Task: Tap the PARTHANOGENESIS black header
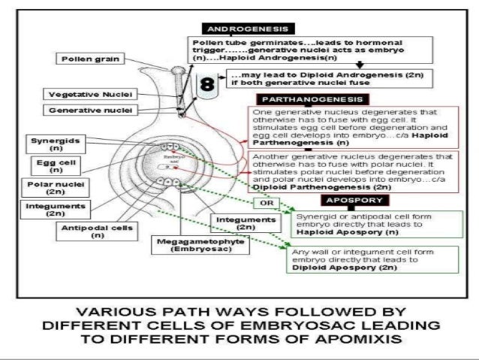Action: [x=297, y=98]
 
